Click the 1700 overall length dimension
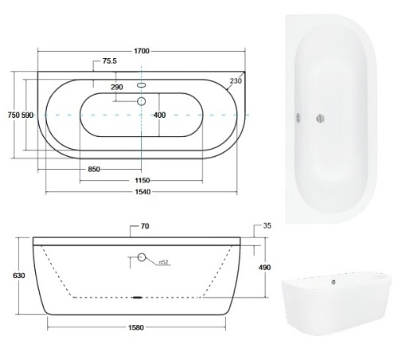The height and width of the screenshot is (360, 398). pyautogui.click(x=142, y=51)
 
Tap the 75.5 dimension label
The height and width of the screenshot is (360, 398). pyautogui.click(x=110, y=61)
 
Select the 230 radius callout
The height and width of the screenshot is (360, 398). pyautogui.click(x=236, y=80)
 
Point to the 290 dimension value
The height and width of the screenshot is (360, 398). pyautogui.click(x=117, y=87)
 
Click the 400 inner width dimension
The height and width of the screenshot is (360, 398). pyautogui.click(x=160, y=115)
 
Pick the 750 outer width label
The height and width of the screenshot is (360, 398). pyautogui.click(x=14, y=115)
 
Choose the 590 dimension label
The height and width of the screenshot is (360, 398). pyautogui.click(x=27, y=115)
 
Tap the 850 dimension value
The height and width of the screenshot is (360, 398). pyautogui.click(x=94, y=169)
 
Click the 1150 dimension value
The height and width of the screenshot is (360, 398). pyautogui.click(x=142, y=181)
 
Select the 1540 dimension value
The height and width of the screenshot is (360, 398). pyautogui.click(x=142, y=192)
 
